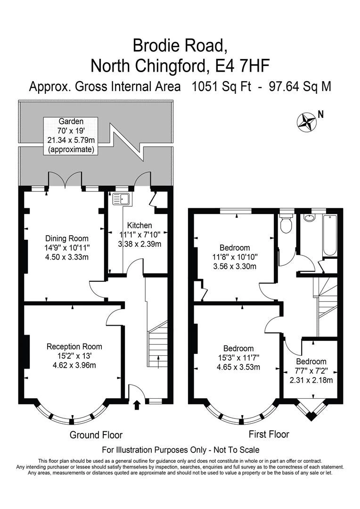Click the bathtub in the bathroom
pos(329,235)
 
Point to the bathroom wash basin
pos(309,218)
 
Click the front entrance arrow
pos(137,404)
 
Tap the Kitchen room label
pos(139,225)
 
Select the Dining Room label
pos(67,238)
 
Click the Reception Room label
pos(74,346)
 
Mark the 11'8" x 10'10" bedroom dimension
pos(235,257)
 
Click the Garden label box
pos(71,135)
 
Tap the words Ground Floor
pos(96,435)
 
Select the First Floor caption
pos(269,434)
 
